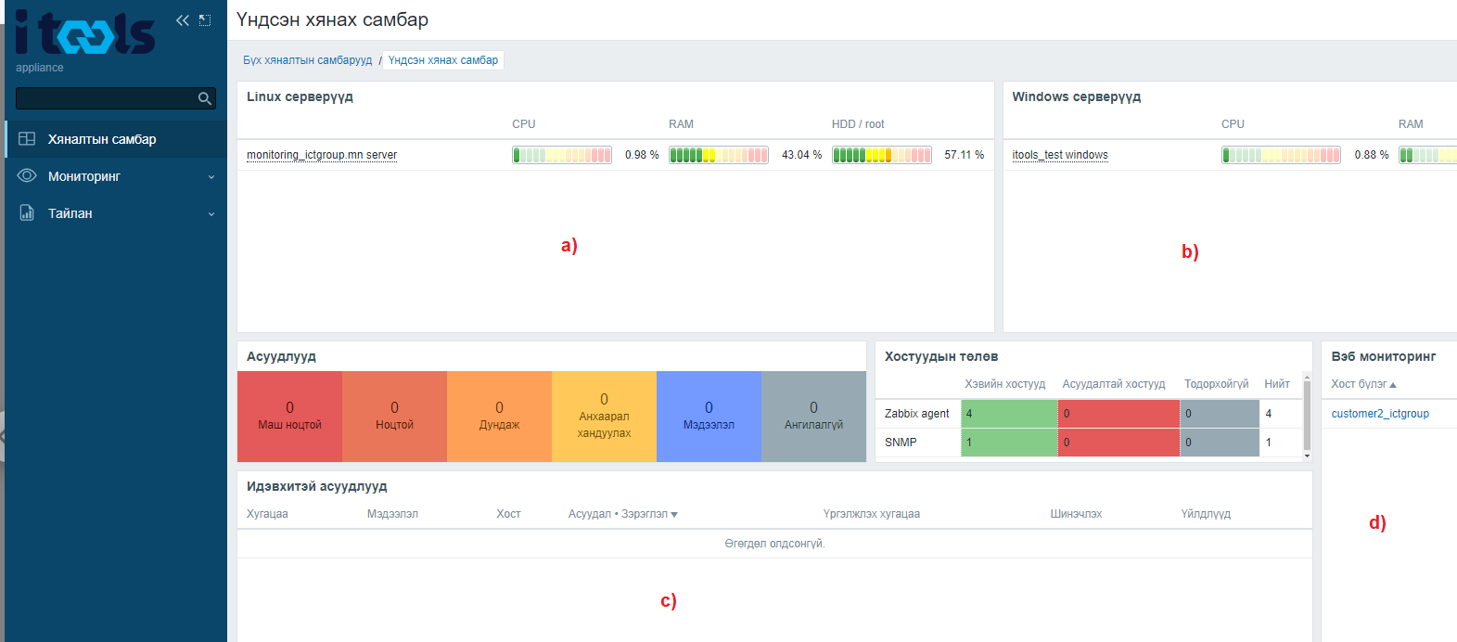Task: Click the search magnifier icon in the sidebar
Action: coord(204,98)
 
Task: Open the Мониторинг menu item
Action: coord(83,176)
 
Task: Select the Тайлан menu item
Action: coord(70,213)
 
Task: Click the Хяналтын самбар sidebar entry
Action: coord(101,139)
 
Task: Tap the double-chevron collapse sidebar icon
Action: coord(182,20)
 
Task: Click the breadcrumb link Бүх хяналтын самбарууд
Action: coord(308,60)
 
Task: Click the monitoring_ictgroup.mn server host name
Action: coord(322,155)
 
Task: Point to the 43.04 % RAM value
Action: coord(801,155)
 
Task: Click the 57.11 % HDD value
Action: coord(964,155)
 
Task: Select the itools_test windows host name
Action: coord(1060,155)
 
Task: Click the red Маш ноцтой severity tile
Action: coord(289,417)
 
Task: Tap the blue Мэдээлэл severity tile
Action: coord(709,417)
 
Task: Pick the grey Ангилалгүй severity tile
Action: coord(813,417)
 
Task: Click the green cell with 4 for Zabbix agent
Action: coord(1009,414)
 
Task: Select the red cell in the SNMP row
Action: coord(1118,443)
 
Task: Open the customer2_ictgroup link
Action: coord(1380,414)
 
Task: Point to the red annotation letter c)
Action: coord(669,600)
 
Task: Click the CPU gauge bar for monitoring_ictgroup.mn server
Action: coord(562,155)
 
